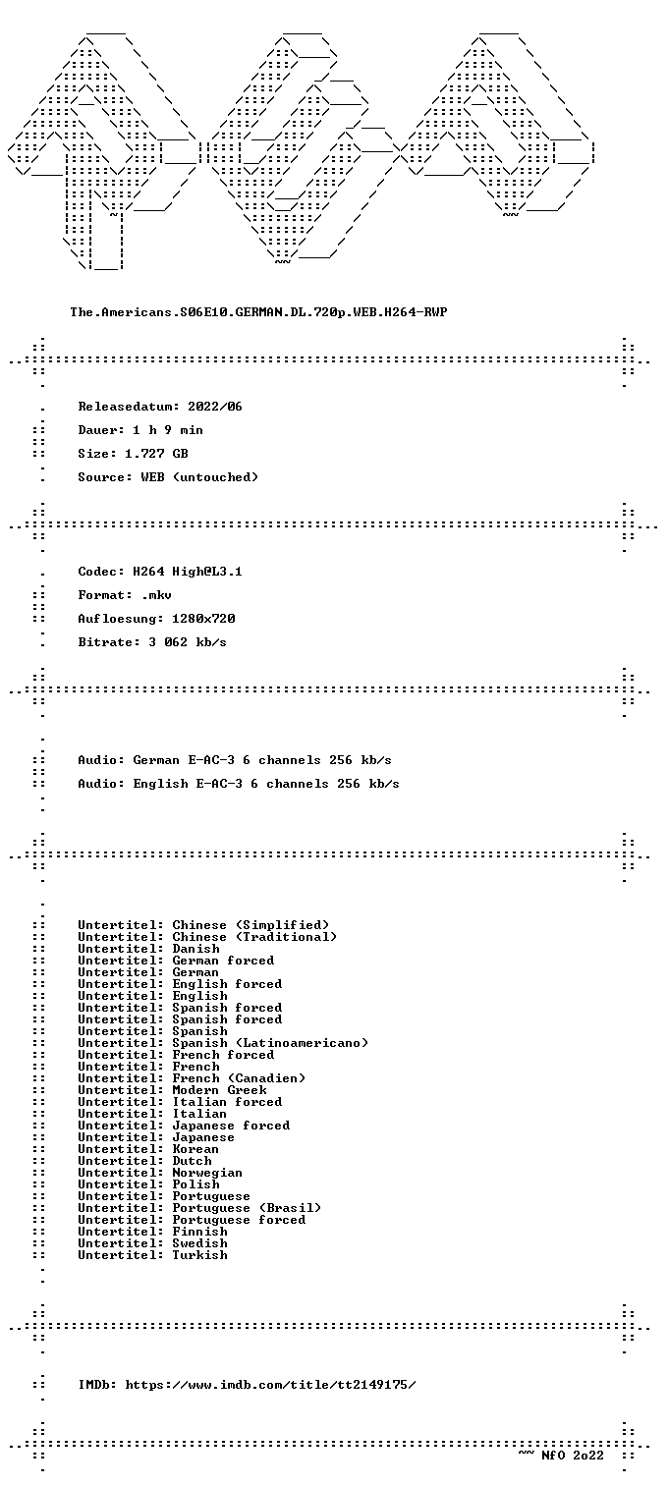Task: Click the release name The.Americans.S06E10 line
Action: point(258,312)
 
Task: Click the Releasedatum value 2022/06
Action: point(215,407)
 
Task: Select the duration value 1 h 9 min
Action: point(168,430)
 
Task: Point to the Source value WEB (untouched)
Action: point(199,477)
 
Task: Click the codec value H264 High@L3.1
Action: point(188,572)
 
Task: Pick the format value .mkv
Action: point(156,595)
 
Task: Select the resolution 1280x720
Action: point(203,619)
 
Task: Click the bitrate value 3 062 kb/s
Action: point(188,642)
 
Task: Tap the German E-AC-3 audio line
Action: point(235,760)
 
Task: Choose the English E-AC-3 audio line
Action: point(239,784)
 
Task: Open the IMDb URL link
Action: point(271,1384)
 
